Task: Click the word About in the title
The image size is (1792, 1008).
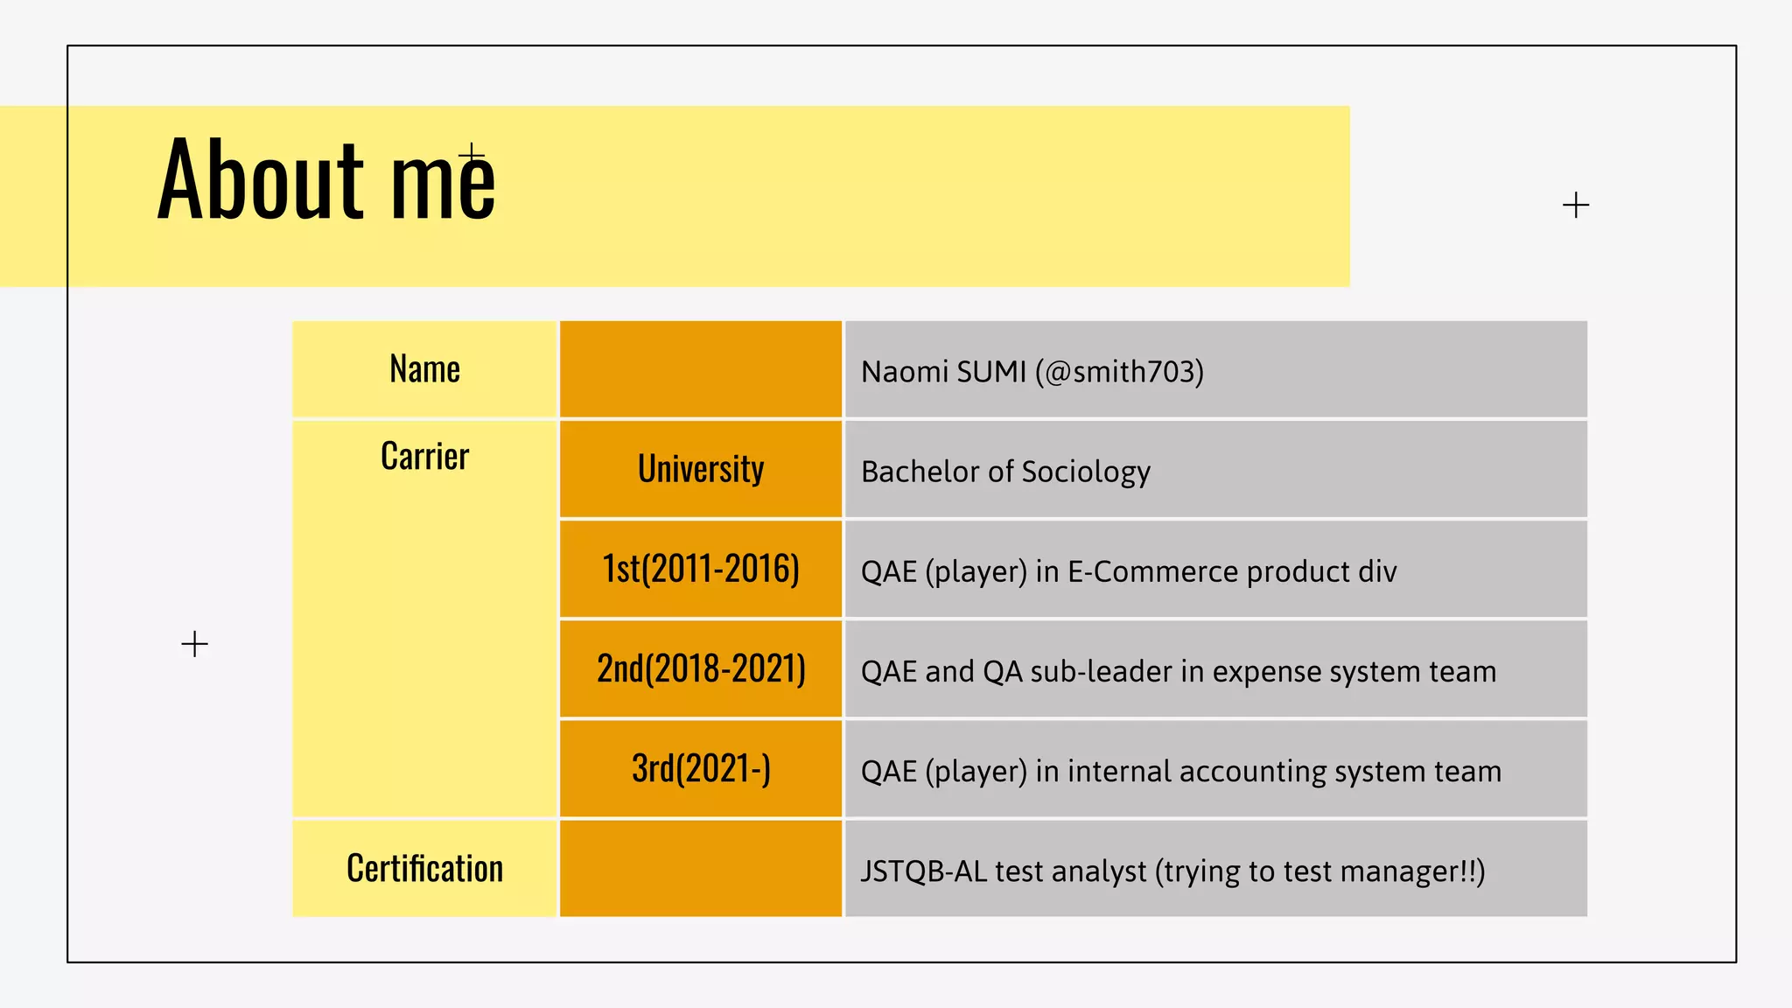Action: point(260,179)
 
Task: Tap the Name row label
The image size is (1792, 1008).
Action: point(424,369)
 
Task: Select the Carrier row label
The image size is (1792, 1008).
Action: point(424,456)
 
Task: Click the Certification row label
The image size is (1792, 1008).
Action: point(424,869)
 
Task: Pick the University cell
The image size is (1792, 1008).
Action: point(701,469)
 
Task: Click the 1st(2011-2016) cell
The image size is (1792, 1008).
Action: point(701,569)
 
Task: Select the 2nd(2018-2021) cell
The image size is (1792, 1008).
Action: point(701,668)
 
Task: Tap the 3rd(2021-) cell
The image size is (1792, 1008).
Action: point(701,769)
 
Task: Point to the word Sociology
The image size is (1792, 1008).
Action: point(1085,472)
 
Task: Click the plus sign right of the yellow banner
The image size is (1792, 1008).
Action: point(1575,206)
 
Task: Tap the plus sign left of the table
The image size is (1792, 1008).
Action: point(194,645)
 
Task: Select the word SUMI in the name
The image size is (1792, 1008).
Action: point(991,372)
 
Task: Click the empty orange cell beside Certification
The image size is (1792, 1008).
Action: point(701,869)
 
